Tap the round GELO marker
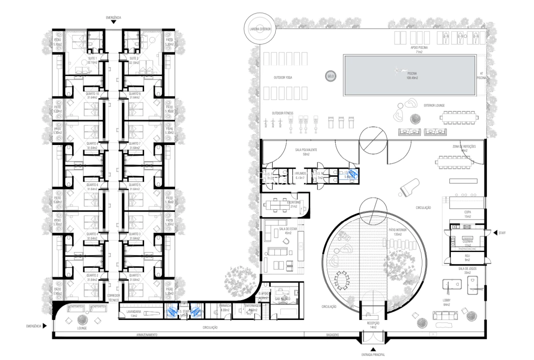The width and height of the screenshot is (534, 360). [330, 76]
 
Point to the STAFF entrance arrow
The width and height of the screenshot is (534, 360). [496, 232]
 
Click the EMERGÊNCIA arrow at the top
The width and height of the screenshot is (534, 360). [114, 22]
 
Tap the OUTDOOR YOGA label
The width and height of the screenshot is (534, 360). [283, 78]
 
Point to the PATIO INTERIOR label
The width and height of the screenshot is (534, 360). [396, 230]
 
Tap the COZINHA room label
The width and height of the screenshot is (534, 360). [468, 242]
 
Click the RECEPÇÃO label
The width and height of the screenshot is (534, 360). [373, 324]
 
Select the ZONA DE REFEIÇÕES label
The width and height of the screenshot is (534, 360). [464, 147]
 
